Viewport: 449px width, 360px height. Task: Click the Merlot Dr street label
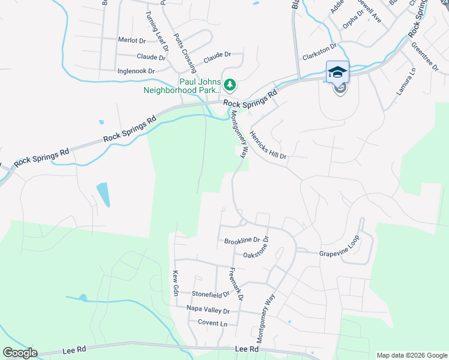(132, 41)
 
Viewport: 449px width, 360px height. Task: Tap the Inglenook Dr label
(137, 71)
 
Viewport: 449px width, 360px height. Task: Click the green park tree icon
(229, 85)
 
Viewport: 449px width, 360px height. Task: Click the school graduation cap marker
(337, 72)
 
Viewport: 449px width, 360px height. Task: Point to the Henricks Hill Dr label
(268, 145)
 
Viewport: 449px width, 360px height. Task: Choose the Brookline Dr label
(241, 241)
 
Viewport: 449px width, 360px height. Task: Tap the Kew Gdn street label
(176, 283)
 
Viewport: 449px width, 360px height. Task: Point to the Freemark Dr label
(236, 284)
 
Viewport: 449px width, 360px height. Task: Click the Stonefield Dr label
(211, 295)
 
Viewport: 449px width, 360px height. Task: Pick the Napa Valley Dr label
(208, 311)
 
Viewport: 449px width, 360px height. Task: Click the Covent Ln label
(213, 323)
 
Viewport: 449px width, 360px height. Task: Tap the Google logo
(20, 353)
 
